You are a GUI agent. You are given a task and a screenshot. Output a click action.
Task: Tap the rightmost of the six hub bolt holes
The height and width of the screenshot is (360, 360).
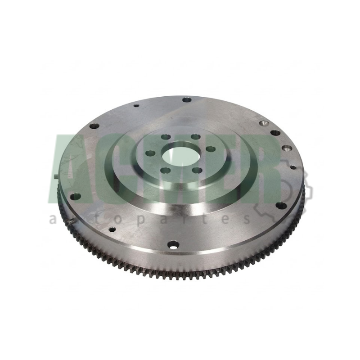point(211,149)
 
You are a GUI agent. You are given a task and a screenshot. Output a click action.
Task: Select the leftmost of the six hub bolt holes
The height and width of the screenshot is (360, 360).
point(150,153)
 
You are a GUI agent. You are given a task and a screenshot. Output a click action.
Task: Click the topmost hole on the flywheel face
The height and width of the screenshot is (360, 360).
point(187,100)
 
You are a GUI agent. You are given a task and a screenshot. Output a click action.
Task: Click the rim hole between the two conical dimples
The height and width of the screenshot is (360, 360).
point(275,133)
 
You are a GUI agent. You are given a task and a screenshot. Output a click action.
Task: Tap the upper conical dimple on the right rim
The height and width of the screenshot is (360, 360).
point(264,123)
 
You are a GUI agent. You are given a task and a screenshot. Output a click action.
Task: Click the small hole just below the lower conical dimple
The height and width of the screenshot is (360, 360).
point(293,167)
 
